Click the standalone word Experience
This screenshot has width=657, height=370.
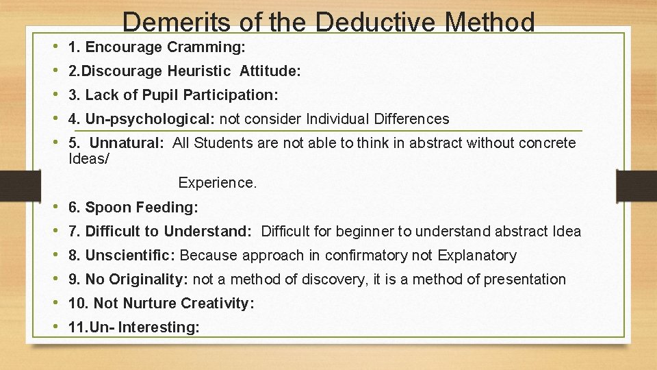point(217,183)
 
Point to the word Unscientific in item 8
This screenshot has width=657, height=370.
point(129,256)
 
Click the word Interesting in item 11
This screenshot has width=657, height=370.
point(159,328)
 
